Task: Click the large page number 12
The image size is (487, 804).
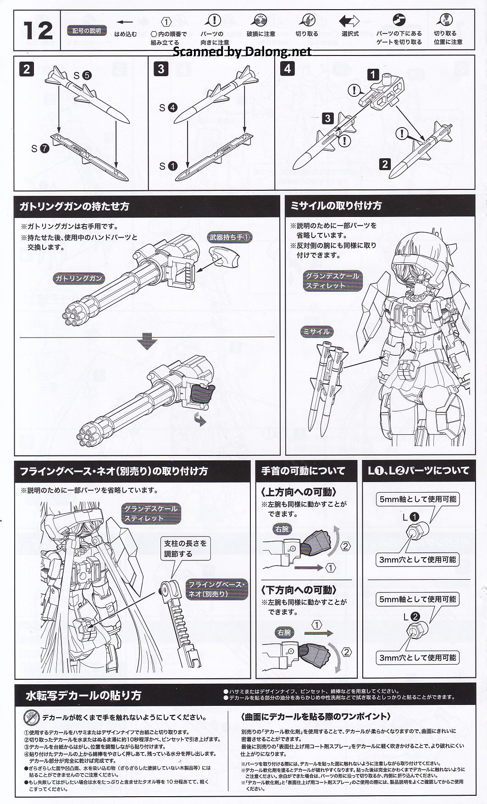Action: tap(38, 31)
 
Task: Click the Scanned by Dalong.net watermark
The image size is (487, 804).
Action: tap(242, 51)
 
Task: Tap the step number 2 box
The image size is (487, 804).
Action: tap(26, 69)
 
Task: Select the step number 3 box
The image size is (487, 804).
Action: tap(160, 69)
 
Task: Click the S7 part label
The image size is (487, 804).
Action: tap(40, 149)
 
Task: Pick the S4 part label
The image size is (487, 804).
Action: tap(168, 108)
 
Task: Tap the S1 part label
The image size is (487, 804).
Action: tap(168, 166)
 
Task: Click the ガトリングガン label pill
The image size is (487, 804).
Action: tap(78, 278)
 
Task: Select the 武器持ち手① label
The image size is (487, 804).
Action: tap(231, 237)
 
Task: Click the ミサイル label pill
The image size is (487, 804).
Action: tap(316, 331)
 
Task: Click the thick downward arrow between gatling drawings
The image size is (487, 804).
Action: tap(147, 342)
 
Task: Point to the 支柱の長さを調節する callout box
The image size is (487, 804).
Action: tap(185, 548)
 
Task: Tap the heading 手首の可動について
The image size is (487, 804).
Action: tap(303, 471)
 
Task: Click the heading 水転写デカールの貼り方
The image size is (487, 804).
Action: tap(83, 695)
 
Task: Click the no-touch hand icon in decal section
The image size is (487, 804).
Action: tap(31, 717)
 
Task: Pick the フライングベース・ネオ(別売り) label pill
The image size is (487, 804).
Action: tap(217, 589)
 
